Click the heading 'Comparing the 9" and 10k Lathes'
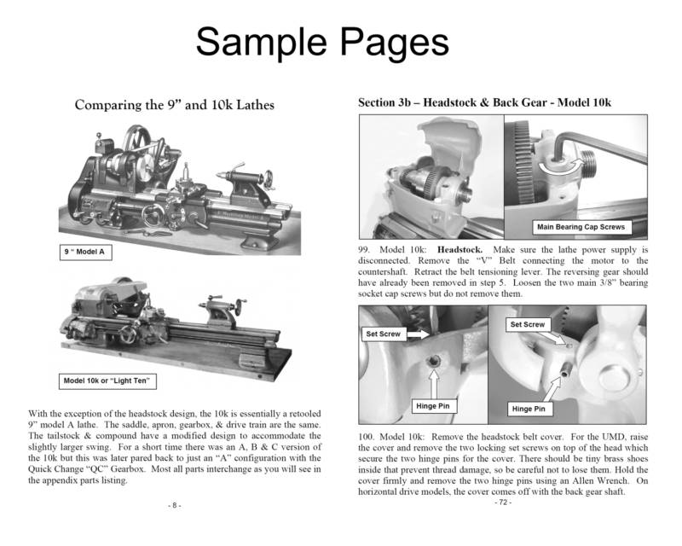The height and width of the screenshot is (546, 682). coord(175,106)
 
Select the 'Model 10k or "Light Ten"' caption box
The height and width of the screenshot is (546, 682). coord(109,380)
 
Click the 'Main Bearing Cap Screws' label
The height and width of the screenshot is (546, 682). coord(580,227)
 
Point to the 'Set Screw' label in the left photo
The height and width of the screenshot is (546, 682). coord(384,334)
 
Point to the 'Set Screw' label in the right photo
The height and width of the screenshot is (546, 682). coord(527,324)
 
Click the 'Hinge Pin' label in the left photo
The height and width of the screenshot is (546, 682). coord(432,406)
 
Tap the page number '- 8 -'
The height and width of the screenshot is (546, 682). coord(174,505)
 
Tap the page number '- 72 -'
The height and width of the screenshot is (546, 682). coord(503,502)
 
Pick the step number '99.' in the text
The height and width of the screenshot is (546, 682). coord(367,249)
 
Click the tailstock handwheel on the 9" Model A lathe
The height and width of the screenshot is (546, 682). coord(270,180)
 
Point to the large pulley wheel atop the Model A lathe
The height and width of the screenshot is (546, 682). coord(133,145)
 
